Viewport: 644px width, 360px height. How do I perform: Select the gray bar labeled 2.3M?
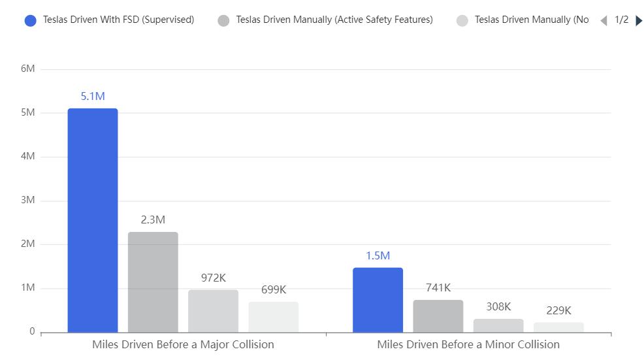point(153,282)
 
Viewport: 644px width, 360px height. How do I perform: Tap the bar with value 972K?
point(213,311)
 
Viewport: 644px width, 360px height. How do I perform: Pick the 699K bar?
point(273,317)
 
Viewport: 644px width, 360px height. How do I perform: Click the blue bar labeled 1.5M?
point(378,300)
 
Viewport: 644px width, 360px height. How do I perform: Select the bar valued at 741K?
point(438,316)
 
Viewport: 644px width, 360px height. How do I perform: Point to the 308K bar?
point(498,325)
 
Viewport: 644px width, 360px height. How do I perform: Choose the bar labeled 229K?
point(558,327)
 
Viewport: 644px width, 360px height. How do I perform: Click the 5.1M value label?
point(93,97)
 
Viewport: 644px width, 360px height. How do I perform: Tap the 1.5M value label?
point(378,256)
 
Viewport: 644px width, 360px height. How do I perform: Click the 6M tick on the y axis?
point(27,69)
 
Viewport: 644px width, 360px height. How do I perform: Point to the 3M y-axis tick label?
point(27,201)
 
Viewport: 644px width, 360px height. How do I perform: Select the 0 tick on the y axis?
point(32,332)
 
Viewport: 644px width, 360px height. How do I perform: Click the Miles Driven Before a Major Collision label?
point(183,344)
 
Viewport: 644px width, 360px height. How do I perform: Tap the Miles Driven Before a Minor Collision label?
point(468,344)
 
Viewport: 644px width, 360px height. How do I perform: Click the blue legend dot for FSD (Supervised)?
point(30,20)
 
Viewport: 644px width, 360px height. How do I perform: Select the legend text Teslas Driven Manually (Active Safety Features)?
point(334,20)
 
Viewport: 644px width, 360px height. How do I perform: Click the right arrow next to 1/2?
point(639,20)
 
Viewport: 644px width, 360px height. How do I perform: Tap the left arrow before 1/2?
point(604,20)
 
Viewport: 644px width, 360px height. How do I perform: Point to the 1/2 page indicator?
point(621,20)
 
